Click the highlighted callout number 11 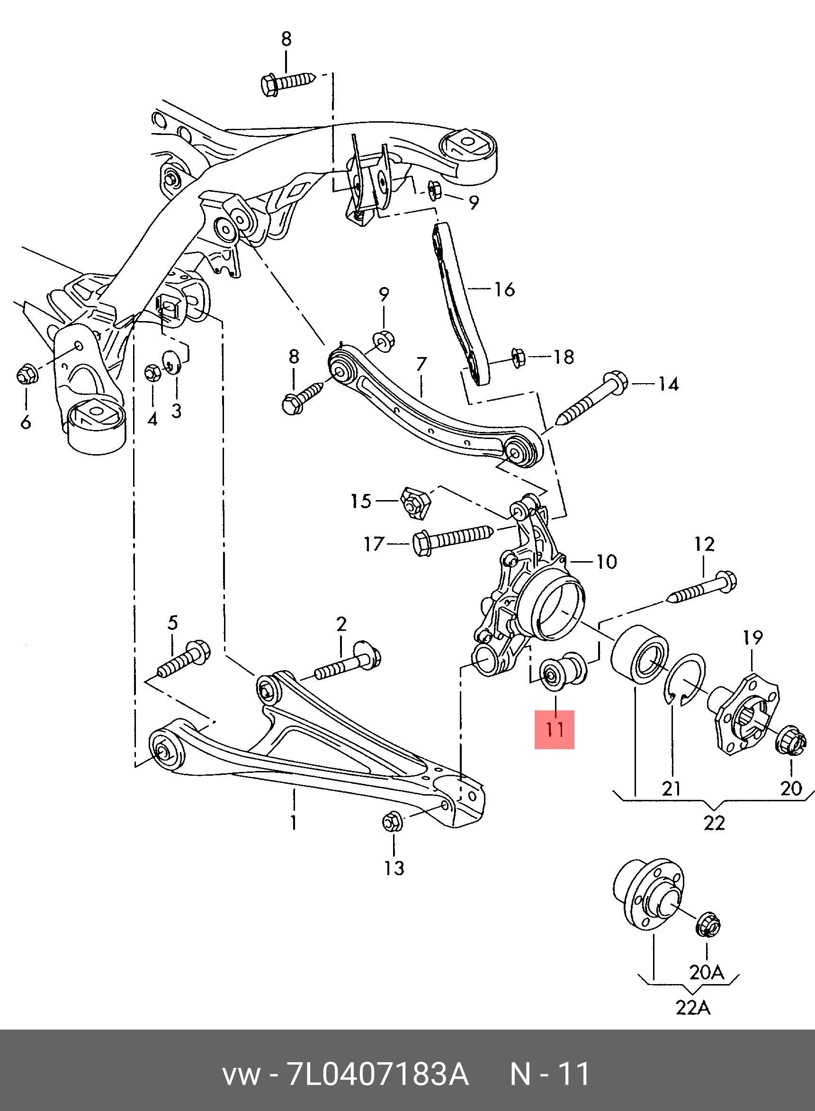555,730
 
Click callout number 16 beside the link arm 504,290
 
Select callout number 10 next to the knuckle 606,562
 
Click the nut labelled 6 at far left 26,375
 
